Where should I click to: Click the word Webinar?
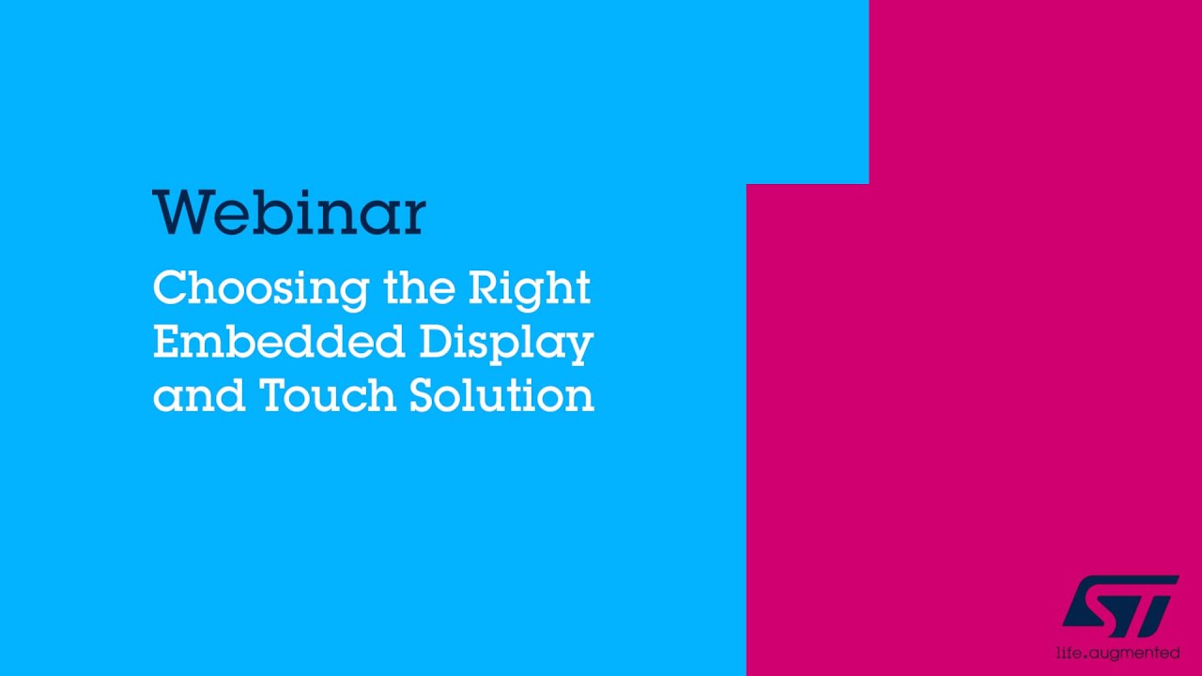(289, 213)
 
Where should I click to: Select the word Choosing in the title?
(260, 288)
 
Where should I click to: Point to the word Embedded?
(279, 342)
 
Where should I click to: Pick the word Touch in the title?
(329, 395)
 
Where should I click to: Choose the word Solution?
(501, 395)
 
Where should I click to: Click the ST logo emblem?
(1120, 606)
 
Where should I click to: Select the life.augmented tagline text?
(1118, 652)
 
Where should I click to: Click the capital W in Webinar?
(178, 213)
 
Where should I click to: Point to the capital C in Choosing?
(169, 288)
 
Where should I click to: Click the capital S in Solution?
(424, 395)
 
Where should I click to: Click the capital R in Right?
(484, 288)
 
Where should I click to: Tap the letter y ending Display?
(581, 347)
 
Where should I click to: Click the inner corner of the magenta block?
(869, 184)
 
